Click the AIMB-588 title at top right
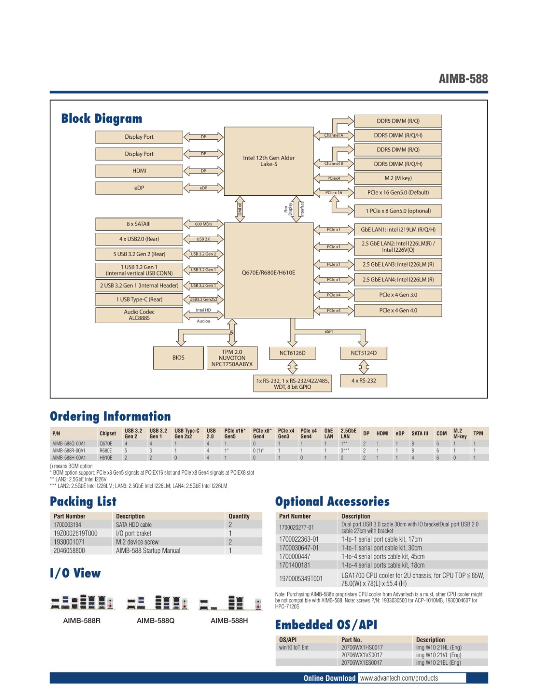(463, 79)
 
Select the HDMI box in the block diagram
(139, 171)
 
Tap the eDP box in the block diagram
(139, 188)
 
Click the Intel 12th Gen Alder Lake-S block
(269, 161)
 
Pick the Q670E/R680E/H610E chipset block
(269, 272)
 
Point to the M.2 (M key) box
(398, 178)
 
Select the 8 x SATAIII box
(139, 224)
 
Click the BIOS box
(178, 358)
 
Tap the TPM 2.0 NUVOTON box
(232, 358)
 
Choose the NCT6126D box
(293, 353)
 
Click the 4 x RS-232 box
(363, 381)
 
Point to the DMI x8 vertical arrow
(239, 209)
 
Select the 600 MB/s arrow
(203, 224)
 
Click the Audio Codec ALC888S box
(139, 315)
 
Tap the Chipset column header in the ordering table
(108, 433)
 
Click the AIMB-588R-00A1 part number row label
(69, 451)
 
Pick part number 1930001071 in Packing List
(69, 542)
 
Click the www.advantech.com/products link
(399, 678)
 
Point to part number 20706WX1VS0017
(362, 655)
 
